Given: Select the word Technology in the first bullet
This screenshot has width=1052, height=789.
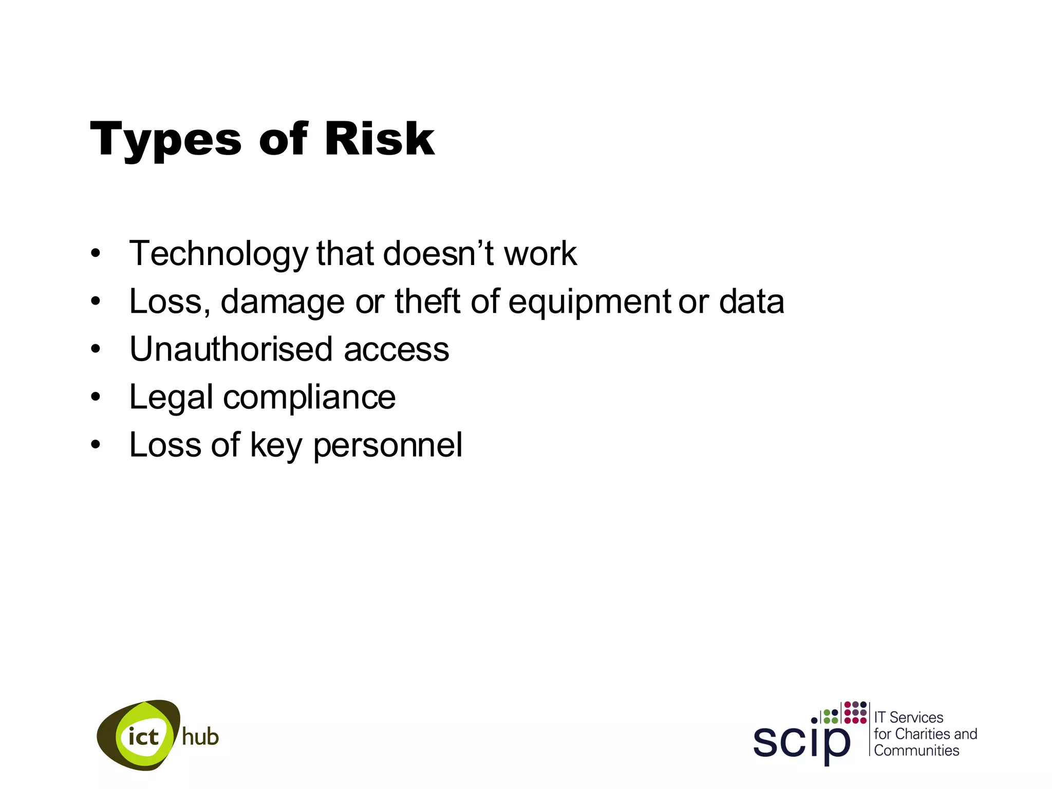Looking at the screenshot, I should tap(218, 254).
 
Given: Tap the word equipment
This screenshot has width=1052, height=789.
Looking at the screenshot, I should tap(589, 302).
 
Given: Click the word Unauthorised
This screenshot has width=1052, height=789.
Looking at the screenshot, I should tap(231, 349).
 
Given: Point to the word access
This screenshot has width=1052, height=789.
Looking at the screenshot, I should tap(396, 350).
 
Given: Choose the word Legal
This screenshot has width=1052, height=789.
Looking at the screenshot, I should tap(171, 398).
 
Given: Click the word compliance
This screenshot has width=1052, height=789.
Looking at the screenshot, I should tap(309, 398).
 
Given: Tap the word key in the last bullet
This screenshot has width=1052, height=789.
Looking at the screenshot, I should tap(276, 445).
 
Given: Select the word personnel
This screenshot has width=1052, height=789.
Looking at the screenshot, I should tap(388, 445).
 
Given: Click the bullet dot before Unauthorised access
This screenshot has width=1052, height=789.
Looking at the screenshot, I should tap(96, 349).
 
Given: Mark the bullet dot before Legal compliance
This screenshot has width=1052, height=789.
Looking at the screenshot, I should tap(96, 397).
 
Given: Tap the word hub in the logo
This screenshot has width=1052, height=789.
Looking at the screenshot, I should tap(200, 737).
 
